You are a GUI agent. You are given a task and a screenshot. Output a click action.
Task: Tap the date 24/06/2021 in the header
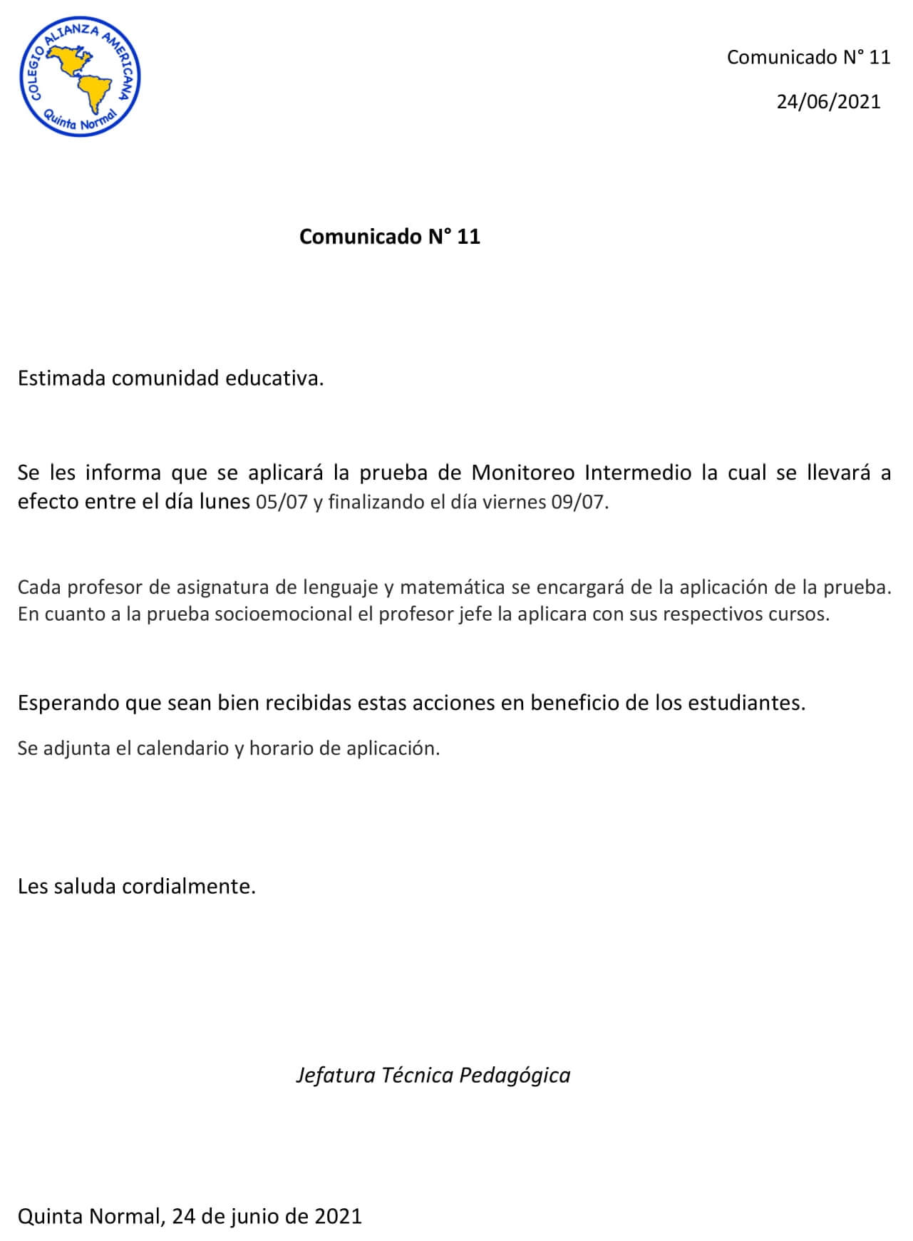tap(828, 102)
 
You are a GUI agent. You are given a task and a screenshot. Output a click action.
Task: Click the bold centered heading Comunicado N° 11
tap(389, 237)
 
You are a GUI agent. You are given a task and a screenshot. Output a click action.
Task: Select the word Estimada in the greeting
tap(61, 379)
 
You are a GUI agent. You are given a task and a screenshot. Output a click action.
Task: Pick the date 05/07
tap(282, 502)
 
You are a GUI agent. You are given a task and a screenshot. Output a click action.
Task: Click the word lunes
tap(224, 502)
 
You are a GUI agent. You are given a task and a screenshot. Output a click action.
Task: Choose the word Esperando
tap(68, 704)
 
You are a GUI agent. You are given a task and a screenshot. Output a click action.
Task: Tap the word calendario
tap(182, 748)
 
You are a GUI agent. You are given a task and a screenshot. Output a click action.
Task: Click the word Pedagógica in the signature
tap(515, 1075)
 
